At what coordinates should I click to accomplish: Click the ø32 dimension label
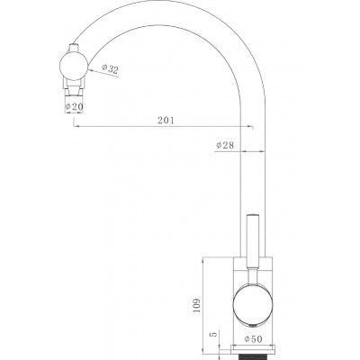click(x=110, y=68)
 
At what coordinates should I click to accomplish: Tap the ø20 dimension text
click(x=74, y=106)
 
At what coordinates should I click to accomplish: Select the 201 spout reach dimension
click(x=166, y=121)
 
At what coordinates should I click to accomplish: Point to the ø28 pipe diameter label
click(x=225, y=146)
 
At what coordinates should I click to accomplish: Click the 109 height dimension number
click(x=196, y=305)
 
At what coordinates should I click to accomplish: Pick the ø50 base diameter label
click(x=253, y=339)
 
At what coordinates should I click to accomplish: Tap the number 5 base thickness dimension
click(x=214, y=335)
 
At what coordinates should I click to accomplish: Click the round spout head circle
click(x=74, y=67)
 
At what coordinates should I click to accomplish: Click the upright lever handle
click(x=253, y=240)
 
